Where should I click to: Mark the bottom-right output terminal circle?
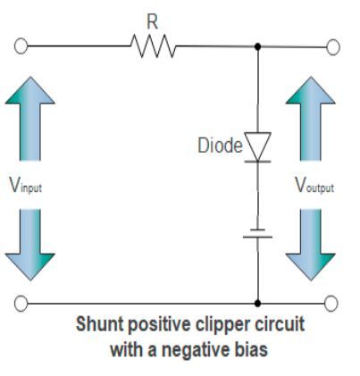point(332,303)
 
